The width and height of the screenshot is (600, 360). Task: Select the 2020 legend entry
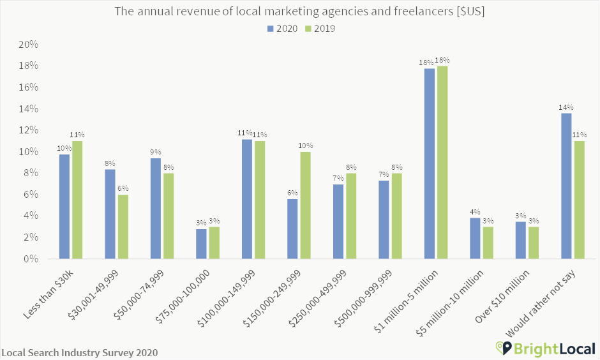coord(281,28)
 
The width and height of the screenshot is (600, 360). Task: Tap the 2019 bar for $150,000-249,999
coord(306,205)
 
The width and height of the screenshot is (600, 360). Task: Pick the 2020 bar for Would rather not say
coord(566,186)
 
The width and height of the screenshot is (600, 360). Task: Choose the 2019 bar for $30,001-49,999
coord(123,227)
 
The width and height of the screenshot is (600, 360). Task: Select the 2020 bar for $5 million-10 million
coord(475,238)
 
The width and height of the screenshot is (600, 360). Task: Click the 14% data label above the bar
coord(566,107)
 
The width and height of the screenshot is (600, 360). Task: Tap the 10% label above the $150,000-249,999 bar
coord(306,146)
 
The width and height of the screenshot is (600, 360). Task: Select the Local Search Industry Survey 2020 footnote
coord(80,352)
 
